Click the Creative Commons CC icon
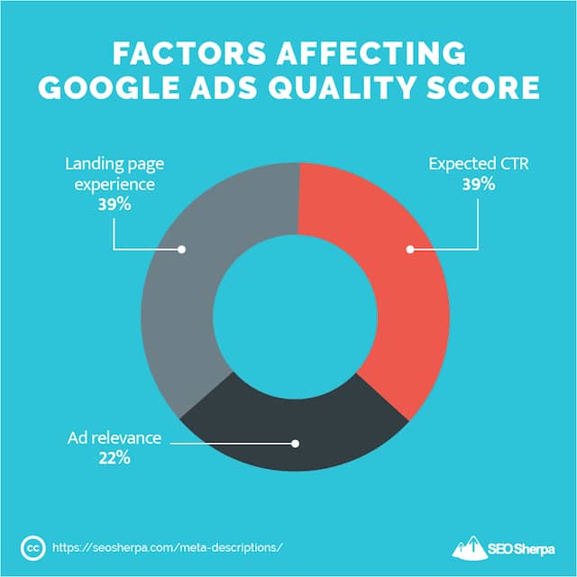pos(32,546)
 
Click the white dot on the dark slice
pos(294,443)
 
